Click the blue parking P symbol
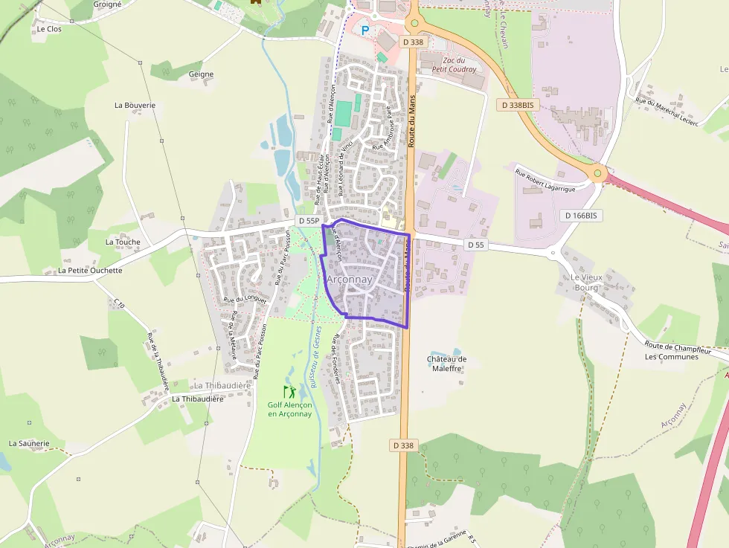click(364, 30)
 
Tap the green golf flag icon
click(289, 391)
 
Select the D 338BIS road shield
click(518, 106)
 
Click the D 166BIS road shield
click(581, 215)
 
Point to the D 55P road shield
click(308, 221)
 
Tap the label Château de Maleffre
click(446, 364)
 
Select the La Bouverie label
click(135, 106)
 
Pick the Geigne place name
click(201, 74)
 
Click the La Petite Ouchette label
click(90, 271)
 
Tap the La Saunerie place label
click(29, 443)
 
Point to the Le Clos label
click(49, 29)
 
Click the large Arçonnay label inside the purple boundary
click(350, 279)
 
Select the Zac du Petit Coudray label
click(459, 65)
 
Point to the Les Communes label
click(672, 357)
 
